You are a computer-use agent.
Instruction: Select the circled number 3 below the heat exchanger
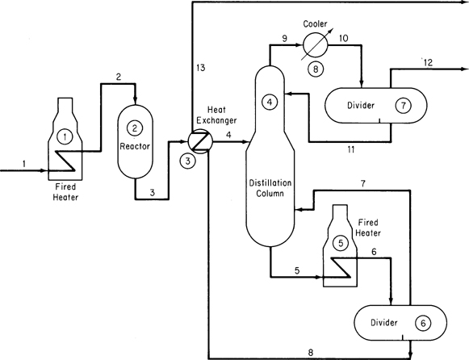(188, 161)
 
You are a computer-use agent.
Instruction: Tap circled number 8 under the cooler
(316, 68)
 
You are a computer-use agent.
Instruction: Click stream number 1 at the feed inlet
(24, 163)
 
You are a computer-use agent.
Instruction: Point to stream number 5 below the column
(295, 270)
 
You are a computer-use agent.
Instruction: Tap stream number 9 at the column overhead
(284, 38)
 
